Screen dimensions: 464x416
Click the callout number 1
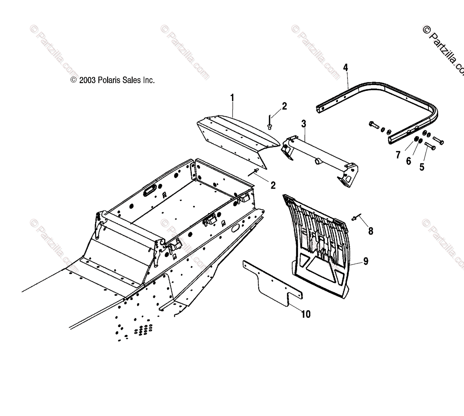232,97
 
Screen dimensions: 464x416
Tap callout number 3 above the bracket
304,124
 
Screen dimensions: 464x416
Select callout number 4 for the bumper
345,68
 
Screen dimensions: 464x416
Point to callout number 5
422,167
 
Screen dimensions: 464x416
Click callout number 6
408,161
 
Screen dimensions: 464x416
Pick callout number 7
397,155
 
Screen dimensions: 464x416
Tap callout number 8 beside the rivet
370,231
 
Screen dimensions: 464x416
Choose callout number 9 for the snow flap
365,262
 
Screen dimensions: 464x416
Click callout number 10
305,314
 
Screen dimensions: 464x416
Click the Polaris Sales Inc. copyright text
113,80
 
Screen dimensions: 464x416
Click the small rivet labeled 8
355,219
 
